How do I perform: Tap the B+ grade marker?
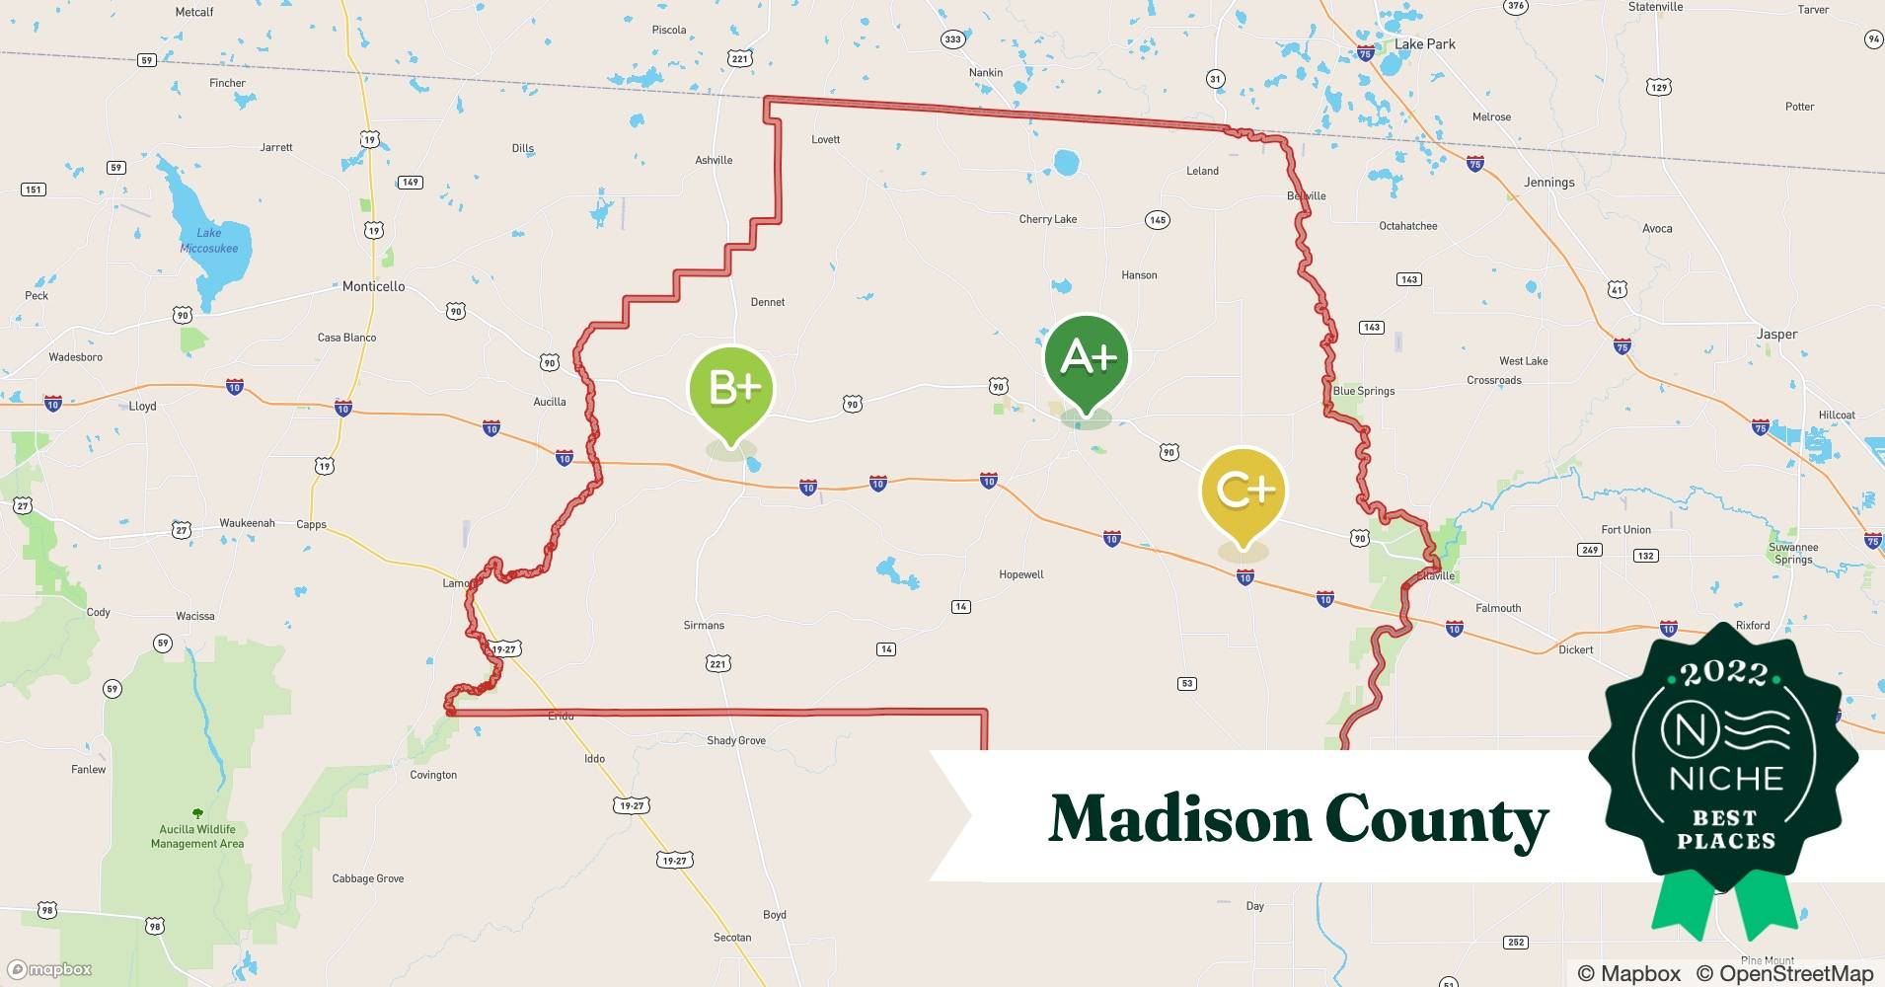731,390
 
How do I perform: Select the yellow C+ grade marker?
1244,491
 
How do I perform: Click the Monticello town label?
373,286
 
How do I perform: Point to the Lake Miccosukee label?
209,241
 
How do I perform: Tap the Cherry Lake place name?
1047,219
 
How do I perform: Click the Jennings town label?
1548,183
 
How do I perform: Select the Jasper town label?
1776,335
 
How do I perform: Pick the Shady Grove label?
735,740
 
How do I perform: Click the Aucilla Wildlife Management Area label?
197,836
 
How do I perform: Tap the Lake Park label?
1424,44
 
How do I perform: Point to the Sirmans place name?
704,625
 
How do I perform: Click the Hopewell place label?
1020,574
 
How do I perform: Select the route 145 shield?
1158,219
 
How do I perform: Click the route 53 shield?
1187,683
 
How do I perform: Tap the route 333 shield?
951,39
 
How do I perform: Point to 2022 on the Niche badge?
1724,674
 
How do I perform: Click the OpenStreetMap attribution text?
1784,973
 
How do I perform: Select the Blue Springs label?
1363,391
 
